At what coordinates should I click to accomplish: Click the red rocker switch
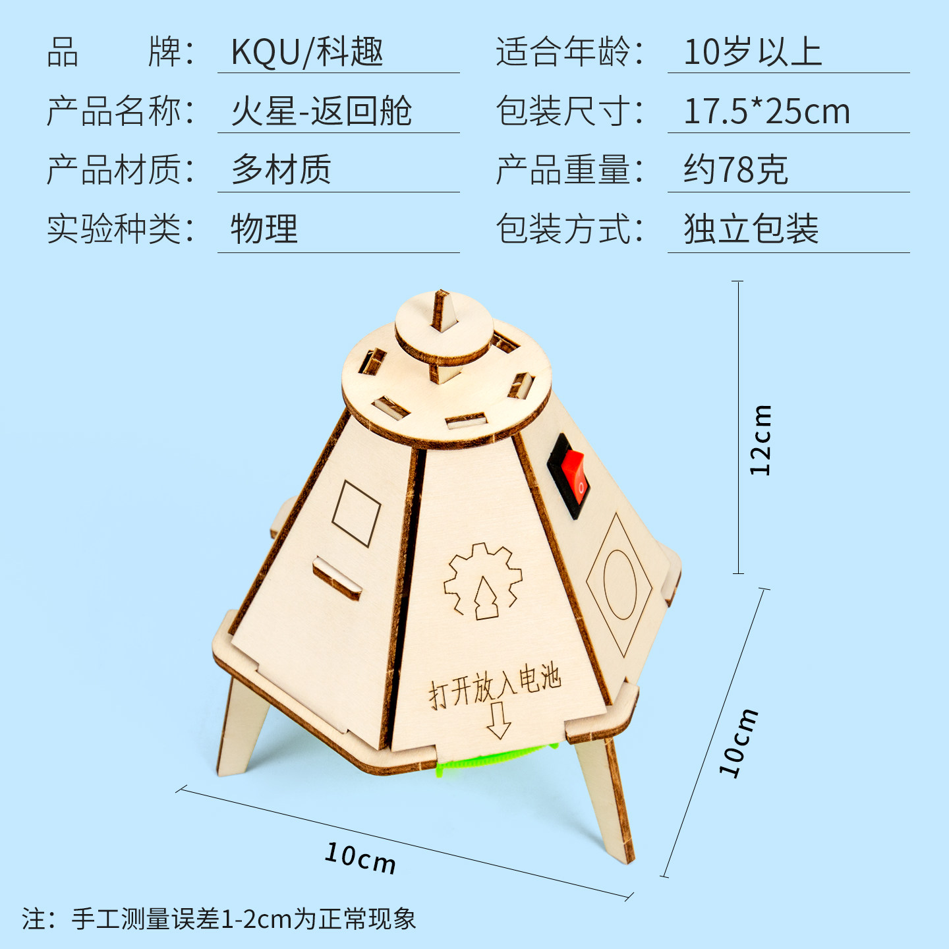click(575, 475)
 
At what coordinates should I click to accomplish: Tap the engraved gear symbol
click(482, 582)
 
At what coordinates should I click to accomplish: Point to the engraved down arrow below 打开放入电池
click(498, 720)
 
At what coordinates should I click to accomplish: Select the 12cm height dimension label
click(760, 440)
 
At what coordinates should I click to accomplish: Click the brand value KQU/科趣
click(307, 51)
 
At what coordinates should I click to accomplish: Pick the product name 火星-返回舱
click(321, 111)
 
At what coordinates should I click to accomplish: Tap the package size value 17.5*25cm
click(767, 111)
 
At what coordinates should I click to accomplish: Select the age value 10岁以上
click(753, 51)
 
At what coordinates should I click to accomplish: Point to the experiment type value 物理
click(264, 229)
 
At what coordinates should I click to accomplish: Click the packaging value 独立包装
click(751, 229)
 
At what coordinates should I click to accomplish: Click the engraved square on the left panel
click(356, 513)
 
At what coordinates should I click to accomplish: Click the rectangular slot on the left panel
click(337, 578)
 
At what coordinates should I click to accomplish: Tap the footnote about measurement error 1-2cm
click(219, 919)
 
